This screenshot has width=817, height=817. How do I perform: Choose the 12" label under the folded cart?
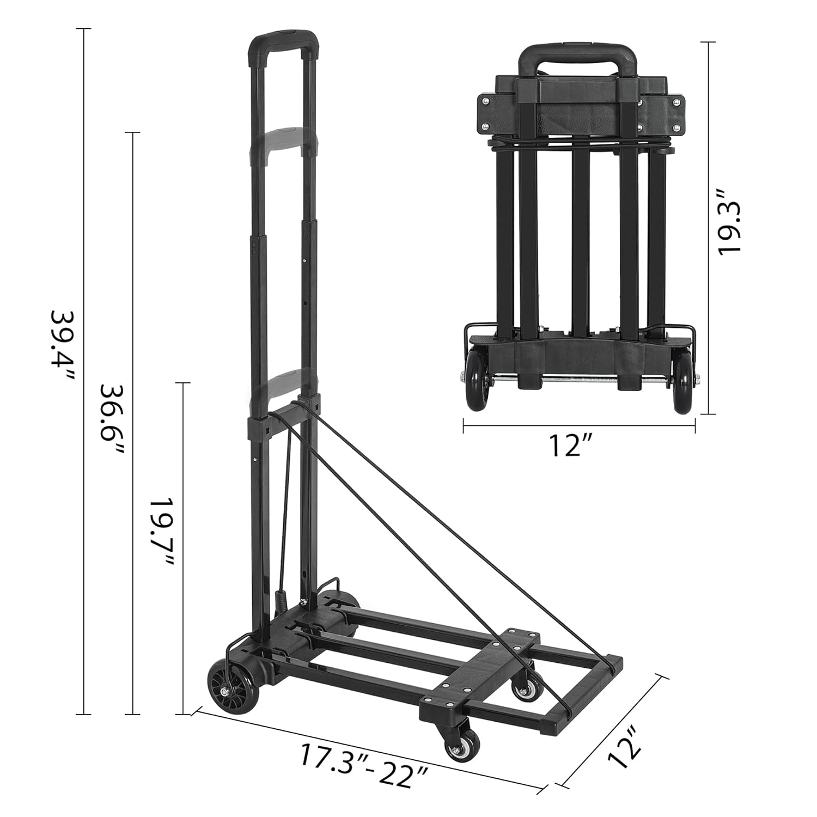pyautogui.click(x=570, y=447)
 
